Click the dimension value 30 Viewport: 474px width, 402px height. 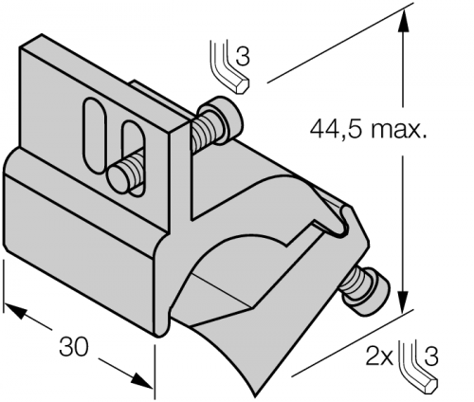74,347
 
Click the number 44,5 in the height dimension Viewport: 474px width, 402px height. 337,130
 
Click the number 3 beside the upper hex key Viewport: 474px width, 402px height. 243,56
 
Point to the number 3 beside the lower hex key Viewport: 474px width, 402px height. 431,356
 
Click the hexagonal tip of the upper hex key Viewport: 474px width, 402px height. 243,85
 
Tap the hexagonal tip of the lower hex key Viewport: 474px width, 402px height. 430,385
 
